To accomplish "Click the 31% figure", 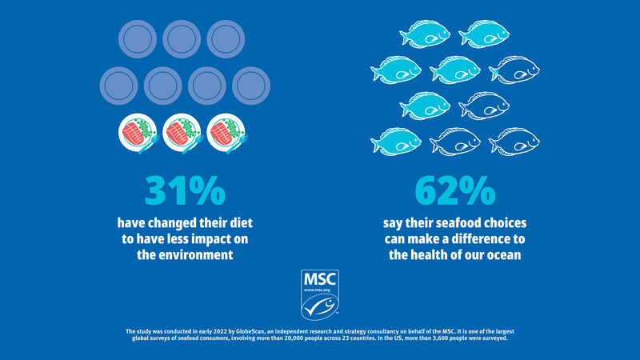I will tap(186, 190).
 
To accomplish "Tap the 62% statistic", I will tap(455, 190).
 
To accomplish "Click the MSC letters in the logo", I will tap(320, 279).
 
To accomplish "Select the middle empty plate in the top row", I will tap(182, 38).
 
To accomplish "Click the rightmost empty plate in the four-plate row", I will tap(250, 84).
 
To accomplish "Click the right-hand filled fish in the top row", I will tap(484, 34).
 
